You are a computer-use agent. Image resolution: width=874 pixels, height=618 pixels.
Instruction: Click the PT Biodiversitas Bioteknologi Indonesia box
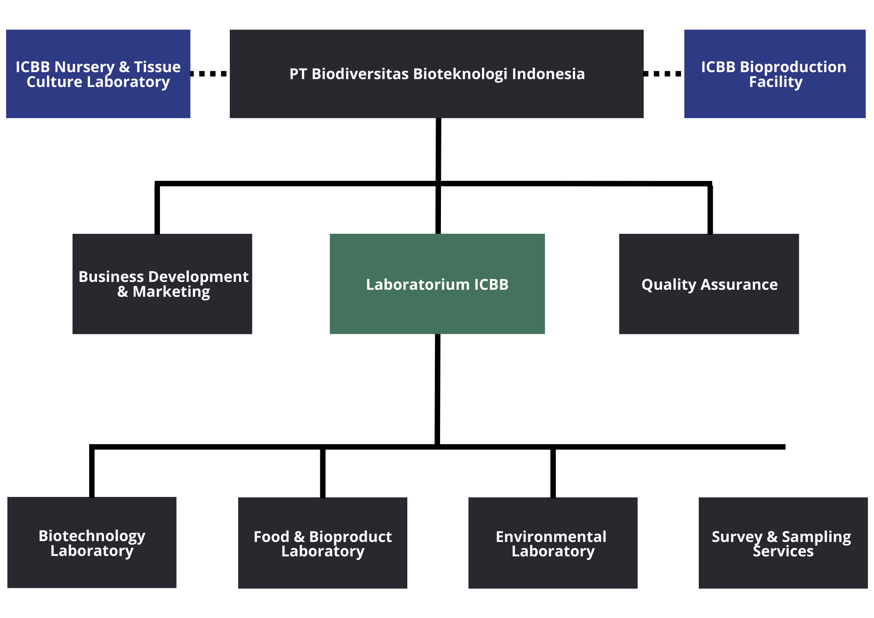coord(437,74)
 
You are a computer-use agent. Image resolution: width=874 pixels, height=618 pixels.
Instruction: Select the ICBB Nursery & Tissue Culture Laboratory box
coord(98,74)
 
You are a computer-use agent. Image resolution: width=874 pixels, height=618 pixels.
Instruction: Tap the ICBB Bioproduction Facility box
coord(775,74)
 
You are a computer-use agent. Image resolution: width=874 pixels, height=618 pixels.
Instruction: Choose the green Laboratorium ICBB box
coord(437,284)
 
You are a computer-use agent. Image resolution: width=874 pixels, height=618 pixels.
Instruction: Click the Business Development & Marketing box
coord(162,284)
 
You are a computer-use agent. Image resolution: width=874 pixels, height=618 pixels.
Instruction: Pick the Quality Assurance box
coord(709,284)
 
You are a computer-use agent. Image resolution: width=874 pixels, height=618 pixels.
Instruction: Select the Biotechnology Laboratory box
coord(92,542)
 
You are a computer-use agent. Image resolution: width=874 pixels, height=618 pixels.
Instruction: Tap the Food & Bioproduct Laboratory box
coord(323,543)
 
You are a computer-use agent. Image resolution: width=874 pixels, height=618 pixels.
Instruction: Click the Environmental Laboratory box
coord(553,543)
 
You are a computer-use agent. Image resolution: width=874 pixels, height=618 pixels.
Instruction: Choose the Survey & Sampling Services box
coord(783,543)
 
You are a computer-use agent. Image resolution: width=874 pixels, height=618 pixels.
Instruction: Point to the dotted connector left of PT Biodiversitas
coord(209,74)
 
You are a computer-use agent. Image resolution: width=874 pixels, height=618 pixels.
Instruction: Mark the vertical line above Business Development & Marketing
coord(157,208)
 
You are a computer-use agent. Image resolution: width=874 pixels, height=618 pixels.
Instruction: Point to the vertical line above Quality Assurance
coord(710,208)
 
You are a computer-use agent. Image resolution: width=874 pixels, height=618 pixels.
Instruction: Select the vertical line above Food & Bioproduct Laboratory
coord(323,472)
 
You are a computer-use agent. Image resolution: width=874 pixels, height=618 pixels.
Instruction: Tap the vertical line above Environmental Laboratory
coord(553,472)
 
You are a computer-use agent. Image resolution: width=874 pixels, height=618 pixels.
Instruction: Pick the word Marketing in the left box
coord(171,292)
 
